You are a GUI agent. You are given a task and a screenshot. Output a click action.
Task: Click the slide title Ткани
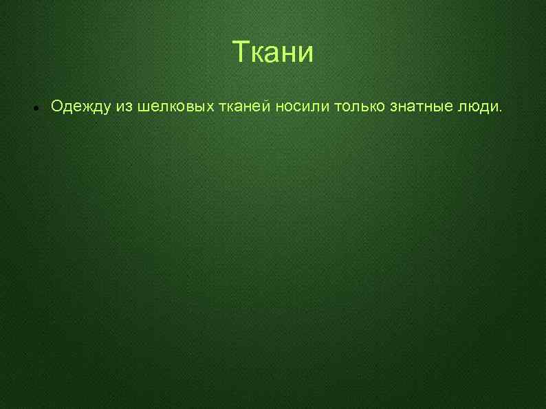click(x=272, y=52)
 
